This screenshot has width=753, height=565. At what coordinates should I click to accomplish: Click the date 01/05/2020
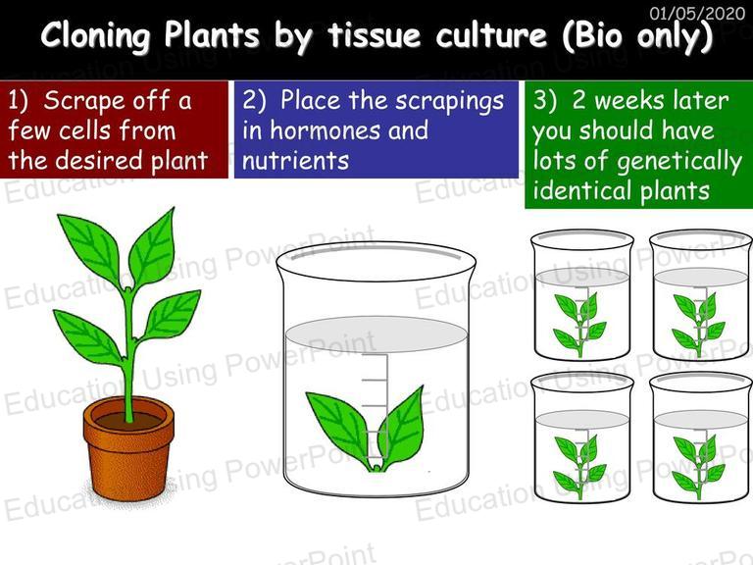tap(697, 13)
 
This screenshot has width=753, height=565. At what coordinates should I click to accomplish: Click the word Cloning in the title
tap(95, 36)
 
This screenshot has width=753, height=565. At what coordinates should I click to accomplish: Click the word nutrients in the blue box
tap(295, 161)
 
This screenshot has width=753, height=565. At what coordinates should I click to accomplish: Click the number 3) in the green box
tap(545, 101)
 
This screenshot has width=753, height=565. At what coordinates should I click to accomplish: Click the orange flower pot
tap(128, 454)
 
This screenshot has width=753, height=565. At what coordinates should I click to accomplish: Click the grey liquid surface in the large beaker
tap(376, 334)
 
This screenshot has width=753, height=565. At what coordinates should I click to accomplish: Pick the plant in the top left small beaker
tap(579, 324)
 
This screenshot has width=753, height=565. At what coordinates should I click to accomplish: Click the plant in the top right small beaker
tap(698, 324)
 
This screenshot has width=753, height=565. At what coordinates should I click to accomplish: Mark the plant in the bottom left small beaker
tap(579, 466)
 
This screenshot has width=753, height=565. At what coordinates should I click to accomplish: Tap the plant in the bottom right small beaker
tap(698, 466)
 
